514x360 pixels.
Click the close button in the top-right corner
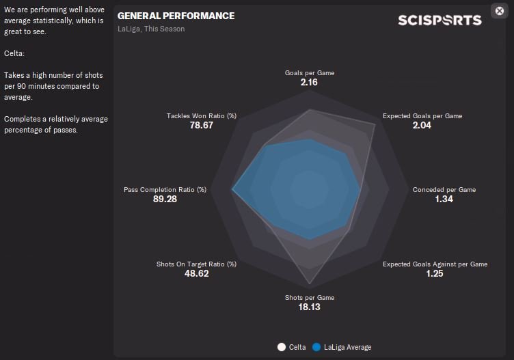(x=498, y=10)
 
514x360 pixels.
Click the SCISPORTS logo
(x=439, y=20)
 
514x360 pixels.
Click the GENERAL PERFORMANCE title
(x=176, y=16)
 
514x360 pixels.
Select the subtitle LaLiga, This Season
(x=151, y=29)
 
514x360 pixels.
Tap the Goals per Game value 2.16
(x=309, y=82)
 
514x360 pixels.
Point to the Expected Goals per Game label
(x=422, y=116)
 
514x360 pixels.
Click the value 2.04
(x=422, y=126)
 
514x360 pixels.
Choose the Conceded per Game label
(x=444, y=190)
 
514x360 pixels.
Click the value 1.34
(x=444, y=199)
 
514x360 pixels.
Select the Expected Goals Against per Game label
(x=435, y=264)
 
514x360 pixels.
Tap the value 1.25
(x=435, y=274)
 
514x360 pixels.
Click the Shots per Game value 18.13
(x=309, y=307)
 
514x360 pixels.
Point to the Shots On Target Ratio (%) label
(x=196, y=264)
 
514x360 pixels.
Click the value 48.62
(x=196, y=274)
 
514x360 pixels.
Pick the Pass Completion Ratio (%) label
(x=165, y=190)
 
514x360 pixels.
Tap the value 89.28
(x=165, y=199)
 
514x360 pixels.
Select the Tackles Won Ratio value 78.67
(x=201, y=126)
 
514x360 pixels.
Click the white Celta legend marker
(x=281, y=347)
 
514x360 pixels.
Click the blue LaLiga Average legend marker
(x=316, y=347)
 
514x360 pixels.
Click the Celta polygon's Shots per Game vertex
(x=310, y=284)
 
